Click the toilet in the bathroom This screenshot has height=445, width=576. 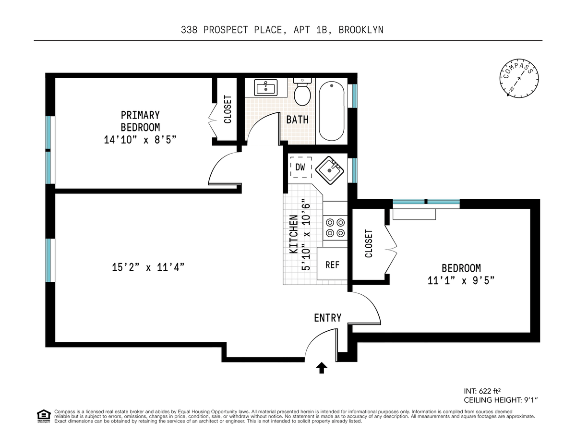point(302,92)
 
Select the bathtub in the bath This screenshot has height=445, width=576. point(331,111)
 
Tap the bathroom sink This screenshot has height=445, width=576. point(265,87)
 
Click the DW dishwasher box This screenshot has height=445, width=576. point(300,167)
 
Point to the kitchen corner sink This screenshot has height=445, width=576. point(329,170)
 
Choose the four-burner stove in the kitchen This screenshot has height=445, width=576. point(335,228)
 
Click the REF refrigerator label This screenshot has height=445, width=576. point(332,265)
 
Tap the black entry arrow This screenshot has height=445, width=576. point(322,368)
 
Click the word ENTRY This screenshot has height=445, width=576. point(328,318)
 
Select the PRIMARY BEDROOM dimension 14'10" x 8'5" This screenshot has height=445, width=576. point(140,140)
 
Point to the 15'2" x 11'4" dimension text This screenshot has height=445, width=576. point(148,267)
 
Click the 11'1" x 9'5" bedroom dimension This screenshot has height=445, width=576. point(461,280)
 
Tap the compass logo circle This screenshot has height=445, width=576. point(519,78)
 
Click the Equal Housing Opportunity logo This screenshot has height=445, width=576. point(44,416)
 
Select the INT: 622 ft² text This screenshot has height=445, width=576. point(482,391)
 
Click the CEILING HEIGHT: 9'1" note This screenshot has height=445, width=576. point(501,400)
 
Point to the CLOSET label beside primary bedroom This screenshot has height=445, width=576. point(228,109)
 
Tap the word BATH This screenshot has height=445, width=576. point(298,120)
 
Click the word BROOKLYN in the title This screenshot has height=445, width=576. point(361,30)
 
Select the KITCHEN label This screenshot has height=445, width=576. point(293,234)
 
